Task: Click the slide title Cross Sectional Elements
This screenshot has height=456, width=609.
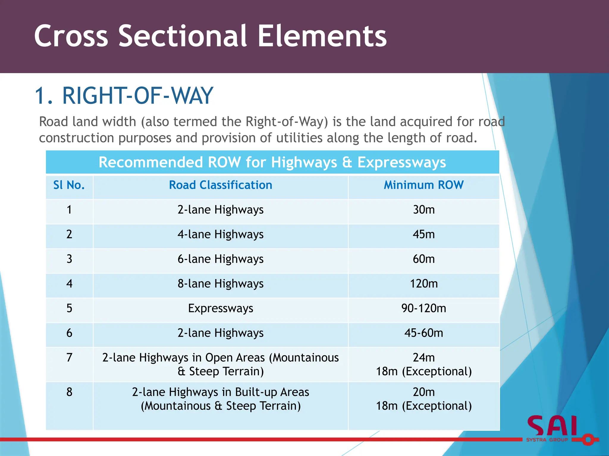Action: click(210, 36)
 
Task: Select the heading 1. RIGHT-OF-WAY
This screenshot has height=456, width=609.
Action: click(124, 96)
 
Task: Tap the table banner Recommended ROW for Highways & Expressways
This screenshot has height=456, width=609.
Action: click(272, 162)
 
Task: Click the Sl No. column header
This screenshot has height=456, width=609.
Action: click(69, 185)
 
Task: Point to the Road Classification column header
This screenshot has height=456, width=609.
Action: click(220, 185)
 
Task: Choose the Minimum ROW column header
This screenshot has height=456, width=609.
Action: click(423, 185)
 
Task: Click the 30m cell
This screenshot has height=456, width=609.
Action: click(423, 210)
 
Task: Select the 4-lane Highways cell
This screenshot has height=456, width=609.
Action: click(220, 235)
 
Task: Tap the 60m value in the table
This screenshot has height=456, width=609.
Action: click(423, 259)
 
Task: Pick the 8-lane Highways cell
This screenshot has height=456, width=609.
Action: click(220, 284)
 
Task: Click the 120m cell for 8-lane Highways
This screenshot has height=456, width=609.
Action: click(423, 284)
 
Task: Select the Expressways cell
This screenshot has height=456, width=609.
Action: click(220, 308)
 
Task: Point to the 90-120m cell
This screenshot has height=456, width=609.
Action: click(423, 308)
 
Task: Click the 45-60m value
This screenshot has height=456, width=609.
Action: click(423, 333)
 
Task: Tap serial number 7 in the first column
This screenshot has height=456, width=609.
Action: click(69, 357)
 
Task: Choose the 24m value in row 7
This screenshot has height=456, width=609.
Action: click(423, 358)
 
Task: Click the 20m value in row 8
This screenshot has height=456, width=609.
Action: click(423, 392)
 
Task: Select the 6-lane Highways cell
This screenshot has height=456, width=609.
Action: click(220, 259)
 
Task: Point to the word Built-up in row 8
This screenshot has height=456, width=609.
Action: click(256, 392)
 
